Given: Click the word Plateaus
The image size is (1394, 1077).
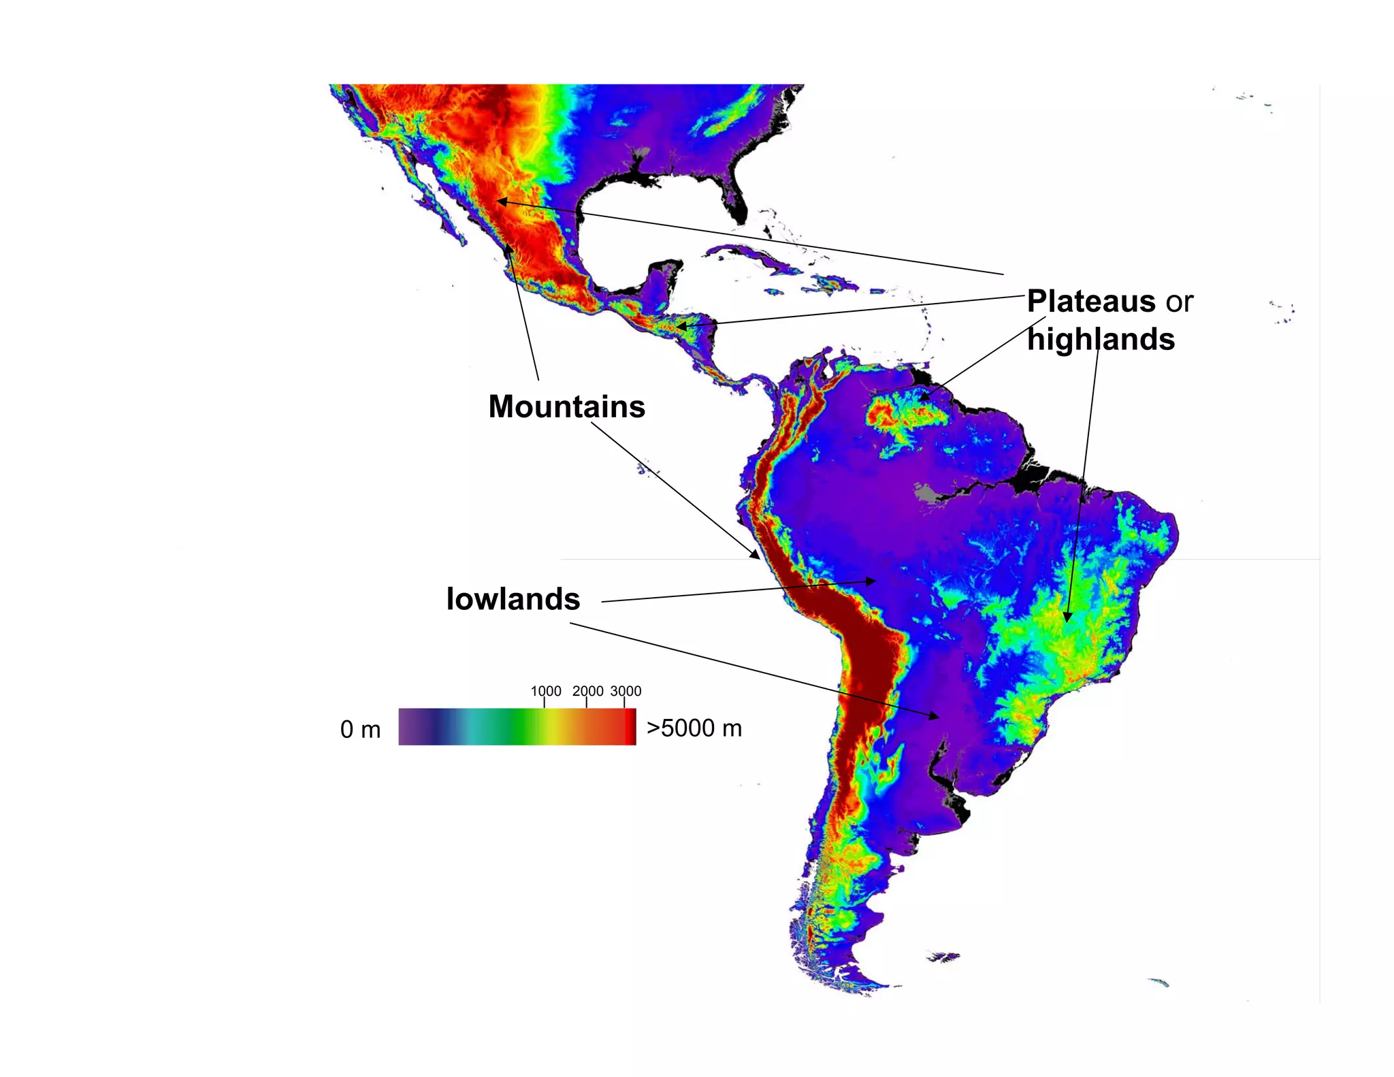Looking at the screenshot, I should tap(1091, 302).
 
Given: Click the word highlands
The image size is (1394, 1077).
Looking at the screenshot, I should tap(1101, 339).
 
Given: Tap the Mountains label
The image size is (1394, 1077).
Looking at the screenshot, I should tap(566, 406).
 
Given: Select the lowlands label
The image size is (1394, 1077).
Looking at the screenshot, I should tap(513, 599).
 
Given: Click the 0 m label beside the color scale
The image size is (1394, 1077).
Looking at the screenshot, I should tap(360, 729).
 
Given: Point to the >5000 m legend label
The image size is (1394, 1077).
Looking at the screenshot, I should tap(694, 728).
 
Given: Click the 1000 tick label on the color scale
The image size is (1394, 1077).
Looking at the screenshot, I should tap(546, 691).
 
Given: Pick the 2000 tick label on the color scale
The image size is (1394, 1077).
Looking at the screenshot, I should tap(587, 691).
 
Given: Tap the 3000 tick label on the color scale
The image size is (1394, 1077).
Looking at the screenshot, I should tap(626, 691).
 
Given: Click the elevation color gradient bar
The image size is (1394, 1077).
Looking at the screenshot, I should tap(517, 726).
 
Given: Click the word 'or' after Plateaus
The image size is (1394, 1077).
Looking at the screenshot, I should tap(1180, 302).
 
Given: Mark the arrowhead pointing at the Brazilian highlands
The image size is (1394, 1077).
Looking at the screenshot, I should tap(1067, 617).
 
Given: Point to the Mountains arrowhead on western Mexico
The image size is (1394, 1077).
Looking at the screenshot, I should tap(508, 249).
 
